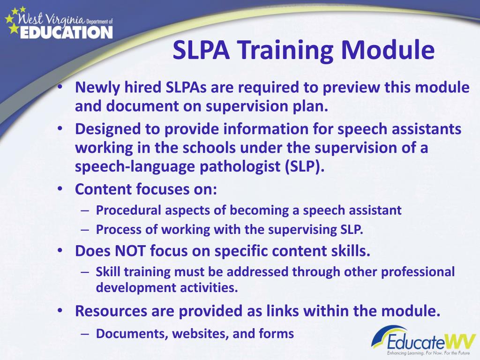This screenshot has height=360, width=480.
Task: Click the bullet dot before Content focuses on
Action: (x=62, y=189)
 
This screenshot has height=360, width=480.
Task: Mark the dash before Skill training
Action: (x=84, y=271)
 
